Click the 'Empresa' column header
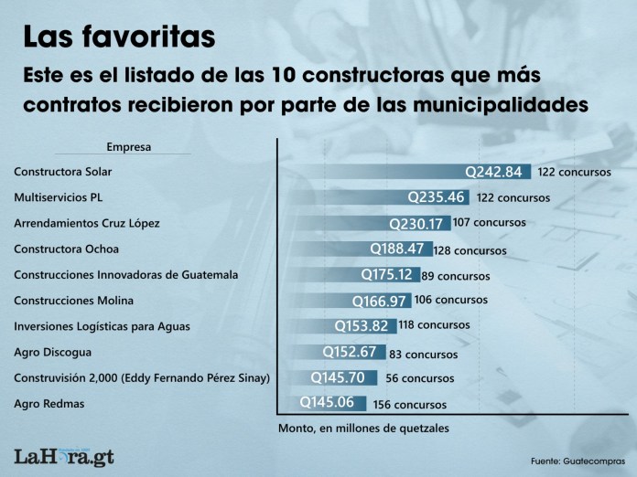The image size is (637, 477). (129, 146)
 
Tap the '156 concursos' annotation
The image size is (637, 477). (410, 404)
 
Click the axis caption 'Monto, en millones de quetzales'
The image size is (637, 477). (362, 427)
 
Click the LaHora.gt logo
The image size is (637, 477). (64, 456)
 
